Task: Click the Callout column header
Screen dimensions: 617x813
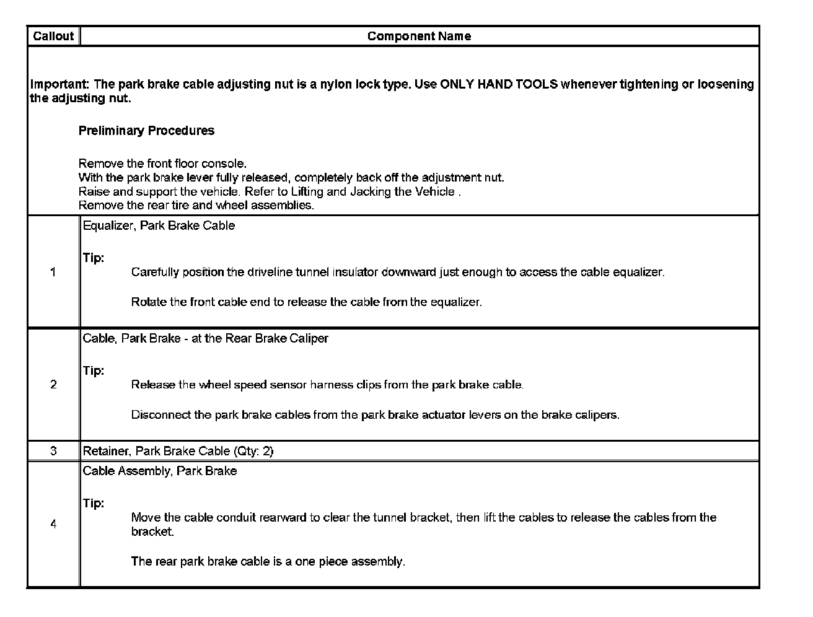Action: tap(53, 36)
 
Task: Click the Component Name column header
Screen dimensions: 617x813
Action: tap(419, 36)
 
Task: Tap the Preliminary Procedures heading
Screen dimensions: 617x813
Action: tap(146, 131)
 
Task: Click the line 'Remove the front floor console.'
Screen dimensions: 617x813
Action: tap(162, 164)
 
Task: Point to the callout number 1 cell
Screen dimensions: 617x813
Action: tap(53, 272)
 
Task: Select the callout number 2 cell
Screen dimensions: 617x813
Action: tap(53, 385)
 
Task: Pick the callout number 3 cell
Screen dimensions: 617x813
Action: tap(53, 451)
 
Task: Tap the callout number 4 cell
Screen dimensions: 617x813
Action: tap(53, 524)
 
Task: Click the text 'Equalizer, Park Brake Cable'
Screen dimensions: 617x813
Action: tap(159, 225)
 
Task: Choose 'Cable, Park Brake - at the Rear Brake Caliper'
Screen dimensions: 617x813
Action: tap(205, 338)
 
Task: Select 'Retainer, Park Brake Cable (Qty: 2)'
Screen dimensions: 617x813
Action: tap(178, 451)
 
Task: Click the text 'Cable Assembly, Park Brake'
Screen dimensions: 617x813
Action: tap(159, 471)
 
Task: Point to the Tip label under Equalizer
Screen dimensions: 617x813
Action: tap(93, 258)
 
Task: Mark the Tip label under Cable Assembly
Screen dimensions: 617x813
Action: tap(93, 503)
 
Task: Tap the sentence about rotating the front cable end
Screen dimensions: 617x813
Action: tap(306, 302)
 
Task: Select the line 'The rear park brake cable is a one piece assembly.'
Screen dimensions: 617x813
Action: tap(268, 561)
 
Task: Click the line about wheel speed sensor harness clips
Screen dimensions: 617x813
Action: tap(327, 385)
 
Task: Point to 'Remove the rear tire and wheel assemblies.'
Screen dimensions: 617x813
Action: tap(196, 205)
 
